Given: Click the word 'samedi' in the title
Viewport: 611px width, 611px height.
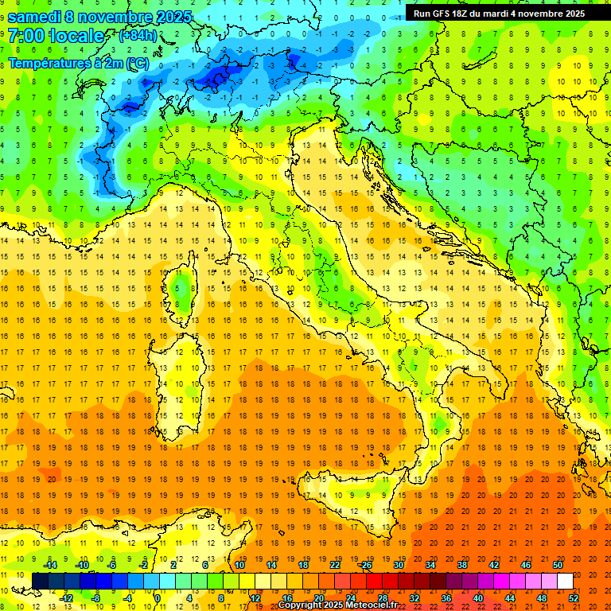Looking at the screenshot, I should pyautogui.click(x=33, y=17).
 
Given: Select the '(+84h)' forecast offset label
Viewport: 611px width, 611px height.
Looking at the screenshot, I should pyautogui.click(x=137, y=36).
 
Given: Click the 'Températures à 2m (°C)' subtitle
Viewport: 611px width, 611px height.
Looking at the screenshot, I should pyautogui.click(x=77, y=63).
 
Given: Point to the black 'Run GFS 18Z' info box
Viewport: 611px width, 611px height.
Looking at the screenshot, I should pyautogui.click(x=499, y=14).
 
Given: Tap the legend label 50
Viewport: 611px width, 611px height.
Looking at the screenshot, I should pyautogui.click(x=557, y=565).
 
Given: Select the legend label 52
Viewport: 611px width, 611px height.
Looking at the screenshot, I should pyautogui.click(x=573, y=597).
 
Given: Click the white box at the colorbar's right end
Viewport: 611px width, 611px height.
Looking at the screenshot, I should pyautogui.click(x=565, y=581).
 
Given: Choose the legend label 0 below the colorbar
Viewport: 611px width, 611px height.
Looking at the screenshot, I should pyautogui.click(x=158, y=597).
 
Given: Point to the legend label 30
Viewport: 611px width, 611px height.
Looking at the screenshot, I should pyautogui.click(x=399, y=565).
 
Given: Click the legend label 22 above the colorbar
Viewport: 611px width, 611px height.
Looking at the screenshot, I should pyautogui.click(x=335, y=565).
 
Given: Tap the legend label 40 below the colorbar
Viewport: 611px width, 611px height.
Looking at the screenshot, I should pyautogui.click(x=477, y=597).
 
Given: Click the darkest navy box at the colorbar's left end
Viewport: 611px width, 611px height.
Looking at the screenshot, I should pyautogui.click(x=40, y=581).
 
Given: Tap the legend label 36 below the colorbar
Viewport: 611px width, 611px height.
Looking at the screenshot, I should pyautogui.click(x=446, y=597).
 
